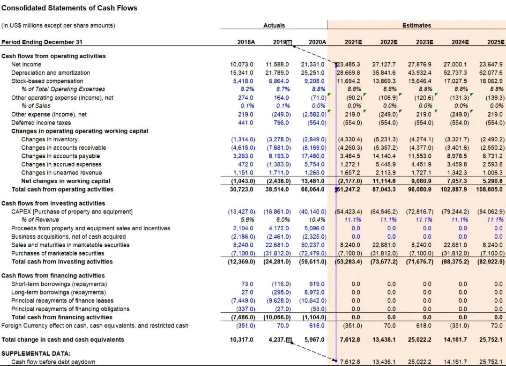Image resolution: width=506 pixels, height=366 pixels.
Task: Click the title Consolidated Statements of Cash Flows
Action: click(69, 8)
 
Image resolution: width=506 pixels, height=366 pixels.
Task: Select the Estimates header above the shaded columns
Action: click(417, 25)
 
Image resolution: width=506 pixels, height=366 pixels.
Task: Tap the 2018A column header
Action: click(246, 42)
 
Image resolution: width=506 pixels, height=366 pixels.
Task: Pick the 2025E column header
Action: click(496, 42)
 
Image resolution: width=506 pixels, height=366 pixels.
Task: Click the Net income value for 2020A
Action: click(313, 65)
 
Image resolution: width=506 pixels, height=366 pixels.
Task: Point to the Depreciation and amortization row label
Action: click(51, 73)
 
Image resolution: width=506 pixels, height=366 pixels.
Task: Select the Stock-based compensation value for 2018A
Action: click(243, 81)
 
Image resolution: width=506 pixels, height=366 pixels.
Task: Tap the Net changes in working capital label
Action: click(66, 181)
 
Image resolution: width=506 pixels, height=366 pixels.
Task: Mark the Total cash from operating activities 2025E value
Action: click(489, 189)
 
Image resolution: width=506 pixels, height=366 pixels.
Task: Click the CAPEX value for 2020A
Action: click(313, 212)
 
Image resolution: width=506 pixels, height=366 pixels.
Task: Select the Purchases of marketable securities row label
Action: click(58, 254)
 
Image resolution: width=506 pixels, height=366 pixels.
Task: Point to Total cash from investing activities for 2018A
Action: click(241, 262)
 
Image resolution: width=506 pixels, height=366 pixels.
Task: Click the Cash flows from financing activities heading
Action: click(53, 276)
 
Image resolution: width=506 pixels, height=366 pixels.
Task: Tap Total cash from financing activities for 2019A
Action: click(277, 317)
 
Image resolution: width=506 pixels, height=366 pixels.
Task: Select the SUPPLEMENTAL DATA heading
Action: click(36, 354)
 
